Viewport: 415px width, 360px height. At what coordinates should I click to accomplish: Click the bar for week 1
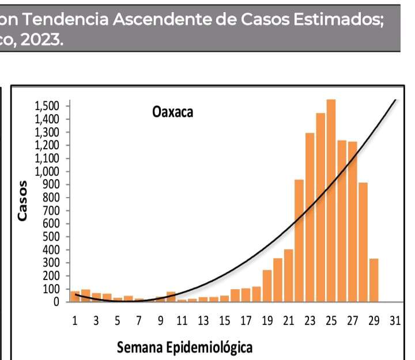click(x=75, y=296)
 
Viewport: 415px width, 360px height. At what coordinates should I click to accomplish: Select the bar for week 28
click(x=363, y=242)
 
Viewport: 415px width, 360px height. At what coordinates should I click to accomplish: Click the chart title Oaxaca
click(x=173, y=112)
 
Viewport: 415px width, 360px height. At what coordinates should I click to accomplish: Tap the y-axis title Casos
click(x=22, y=201)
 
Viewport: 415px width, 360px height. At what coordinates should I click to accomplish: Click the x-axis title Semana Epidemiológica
click(x=184, y=348)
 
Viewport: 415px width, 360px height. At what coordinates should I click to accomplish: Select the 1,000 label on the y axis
click(x=47, y=171)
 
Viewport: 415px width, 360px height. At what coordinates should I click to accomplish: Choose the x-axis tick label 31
click(x=395, y=321)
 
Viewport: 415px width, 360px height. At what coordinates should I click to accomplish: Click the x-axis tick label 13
click(x=203, y=321)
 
